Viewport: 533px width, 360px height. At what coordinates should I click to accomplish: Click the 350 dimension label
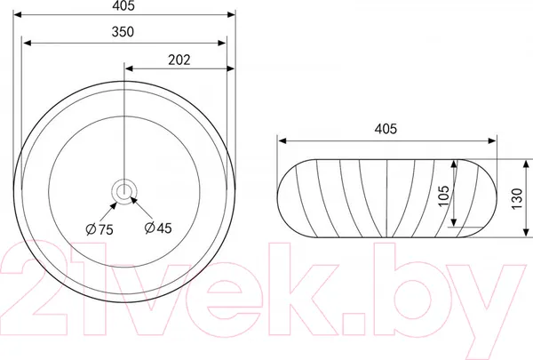[123, 32]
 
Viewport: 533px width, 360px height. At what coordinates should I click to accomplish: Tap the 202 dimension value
[179, 60]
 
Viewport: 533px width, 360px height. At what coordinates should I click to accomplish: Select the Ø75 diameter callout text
[99, 229]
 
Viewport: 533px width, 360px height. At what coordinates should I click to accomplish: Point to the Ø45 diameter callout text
[158, 228]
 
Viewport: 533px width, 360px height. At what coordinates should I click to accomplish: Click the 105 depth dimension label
[443, 196]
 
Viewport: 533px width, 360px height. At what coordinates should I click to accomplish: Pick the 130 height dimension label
[516, 199]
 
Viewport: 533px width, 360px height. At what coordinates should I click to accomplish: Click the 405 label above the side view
[386, 129]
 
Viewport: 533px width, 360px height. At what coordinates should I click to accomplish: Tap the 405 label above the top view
[123, 6]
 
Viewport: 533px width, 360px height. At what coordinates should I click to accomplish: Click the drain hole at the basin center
[123, 192]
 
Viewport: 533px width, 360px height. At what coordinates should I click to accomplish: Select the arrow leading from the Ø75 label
[108, 212]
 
